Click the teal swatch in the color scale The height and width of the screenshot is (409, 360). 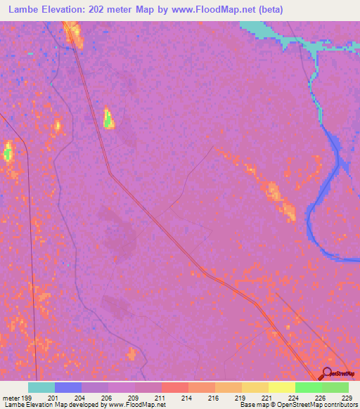[x=41, y=387]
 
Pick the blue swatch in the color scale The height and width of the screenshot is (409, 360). [x=68, y=387]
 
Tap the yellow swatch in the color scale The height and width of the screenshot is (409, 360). [x=282, y=387]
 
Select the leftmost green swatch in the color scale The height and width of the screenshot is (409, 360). [x=309, y=387]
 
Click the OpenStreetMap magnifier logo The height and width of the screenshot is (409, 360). [x=328, y=373]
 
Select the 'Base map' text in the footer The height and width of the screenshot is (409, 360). [x=255, y=405]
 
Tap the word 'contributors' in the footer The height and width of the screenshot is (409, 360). [x=340, y=405]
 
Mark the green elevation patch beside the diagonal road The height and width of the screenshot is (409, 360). [x=108, y=119]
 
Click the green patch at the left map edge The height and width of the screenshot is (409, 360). [x=8, y=152]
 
